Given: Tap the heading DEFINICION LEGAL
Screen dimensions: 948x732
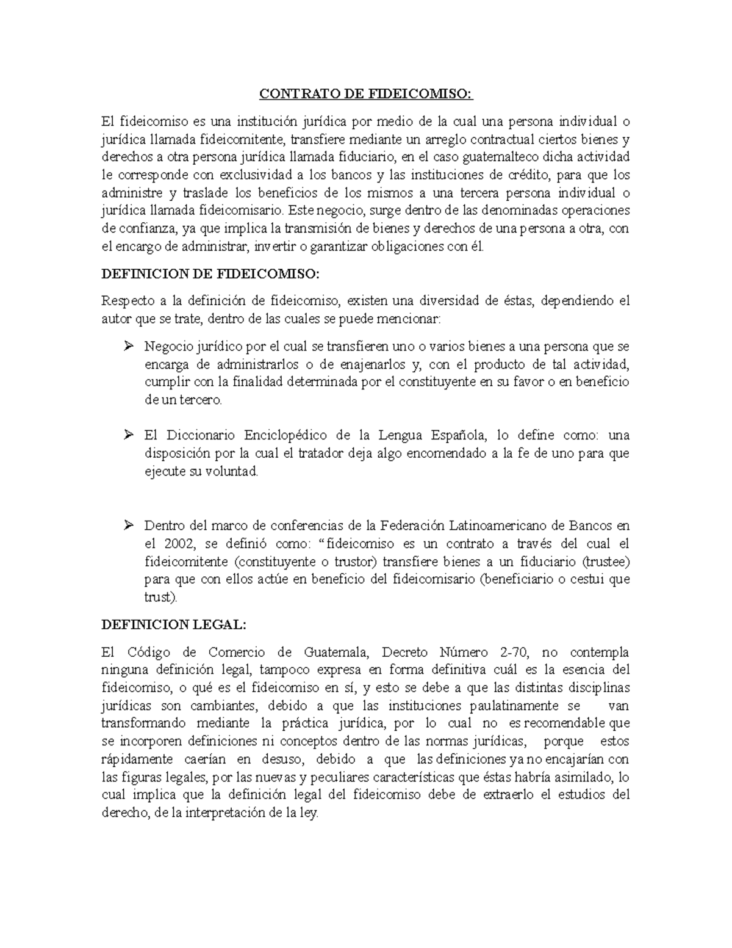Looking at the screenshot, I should pos(173,624).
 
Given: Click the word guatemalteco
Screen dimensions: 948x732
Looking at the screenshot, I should pos(501,157).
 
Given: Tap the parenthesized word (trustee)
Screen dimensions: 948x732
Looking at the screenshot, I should pos(606,562).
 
